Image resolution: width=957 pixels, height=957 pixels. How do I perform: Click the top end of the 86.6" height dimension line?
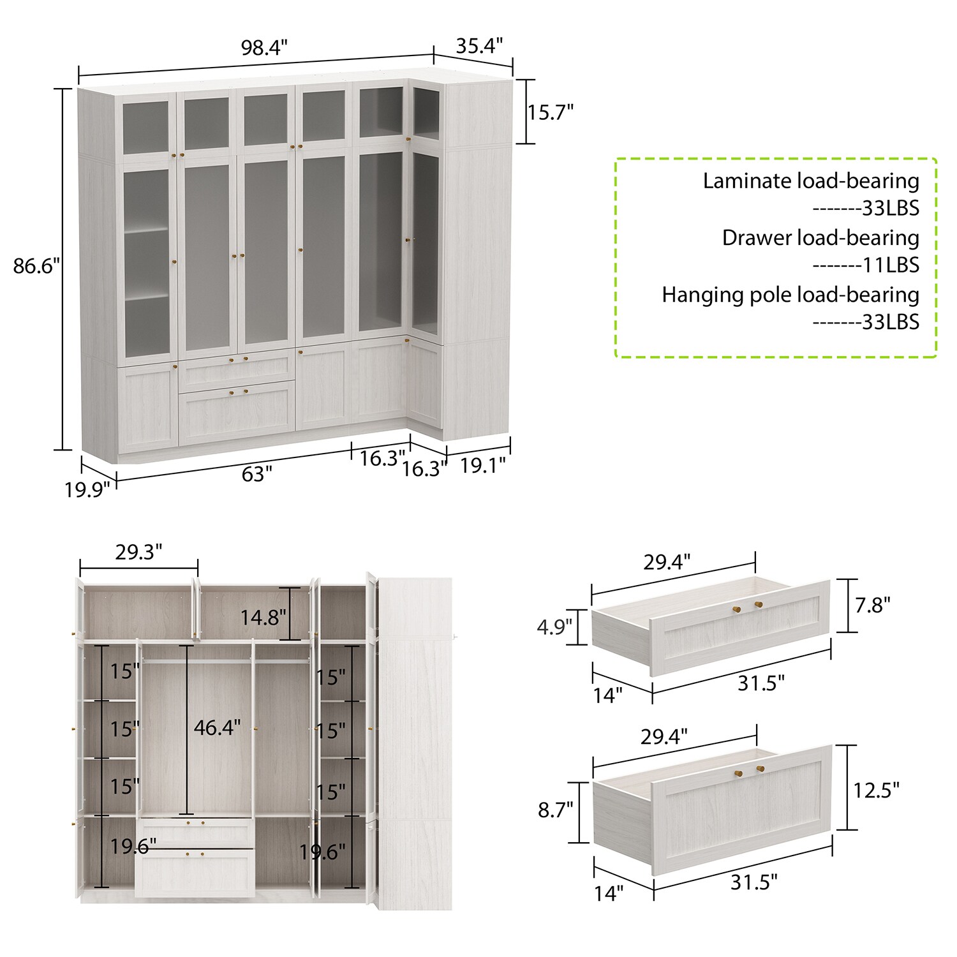coord(63,89)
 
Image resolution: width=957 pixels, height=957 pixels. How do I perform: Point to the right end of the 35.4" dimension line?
coord(513,64)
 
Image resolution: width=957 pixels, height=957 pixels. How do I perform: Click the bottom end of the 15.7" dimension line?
coord(526,144)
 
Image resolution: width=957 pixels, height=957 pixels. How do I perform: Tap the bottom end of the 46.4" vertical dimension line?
coord(186,814)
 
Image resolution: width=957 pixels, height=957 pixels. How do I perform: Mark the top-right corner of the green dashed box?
coord(937,159)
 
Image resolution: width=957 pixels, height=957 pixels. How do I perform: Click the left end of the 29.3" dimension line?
coord(80,568)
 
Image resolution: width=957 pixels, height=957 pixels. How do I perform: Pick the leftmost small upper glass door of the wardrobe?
coord(146,124)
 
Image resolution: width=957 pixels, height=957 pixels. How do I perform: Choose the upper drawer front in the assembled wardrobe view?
coord(237,369)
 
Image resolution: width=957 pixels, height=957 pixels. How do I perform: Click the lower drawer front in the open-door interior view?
coord(195,872)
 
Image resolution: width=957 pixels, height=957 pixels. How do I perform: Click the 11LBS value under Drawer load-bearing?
coord(891,265)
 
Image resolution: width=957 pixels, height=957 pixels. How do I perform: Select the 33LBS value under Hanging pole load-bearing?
coord(891,322)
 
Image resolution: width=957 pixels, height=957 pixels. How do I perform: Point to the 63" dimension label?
coord(256,474)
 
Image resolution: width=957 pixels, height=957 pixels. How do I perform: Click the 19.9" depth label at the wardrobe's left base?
coord(87,490)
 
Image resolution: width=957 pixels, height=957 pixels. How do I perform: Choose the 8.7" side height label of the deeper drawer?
coord(556,810)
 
